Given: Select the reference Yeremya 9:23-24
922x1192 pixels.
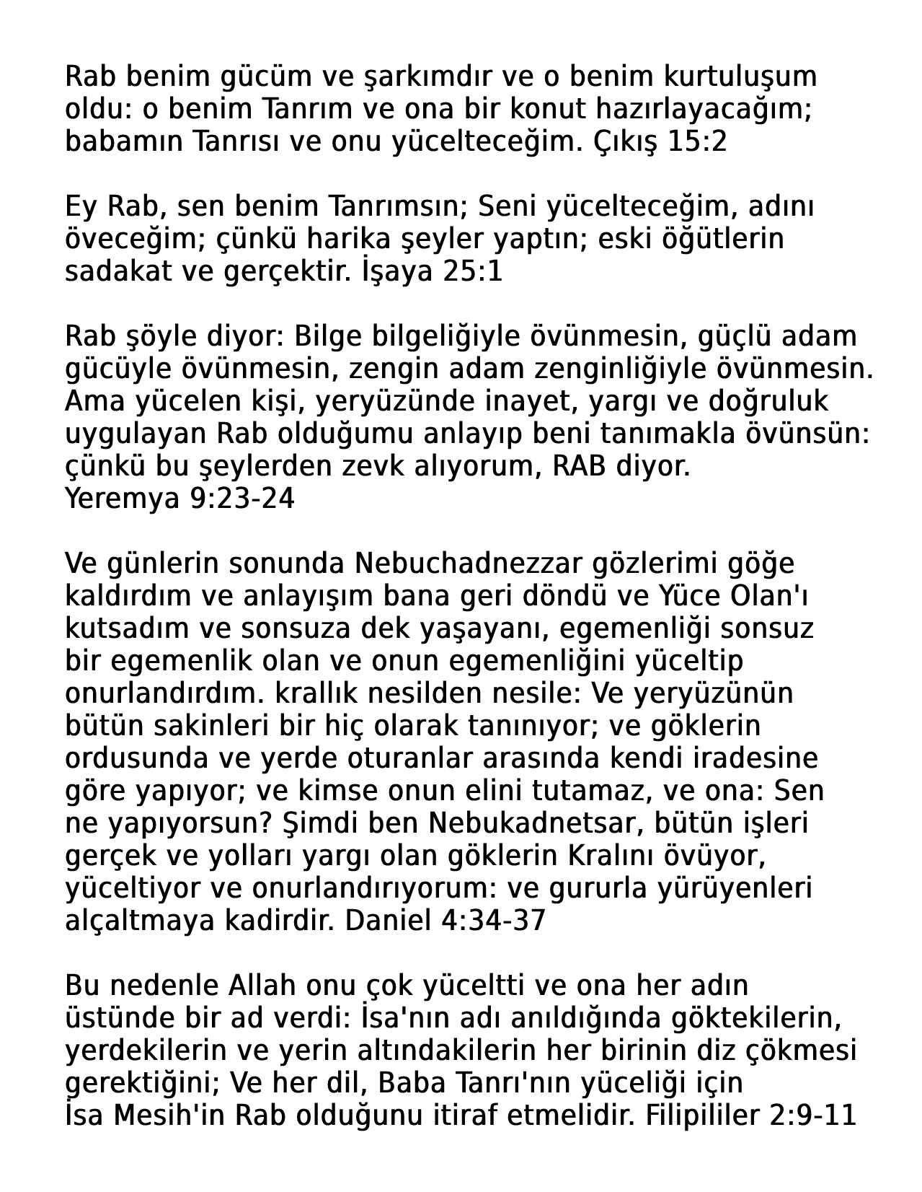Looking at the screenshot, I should (x=179, y=499).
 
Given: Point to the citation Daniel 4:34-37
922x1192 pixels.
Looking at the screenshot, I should (x=446, y=921).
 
